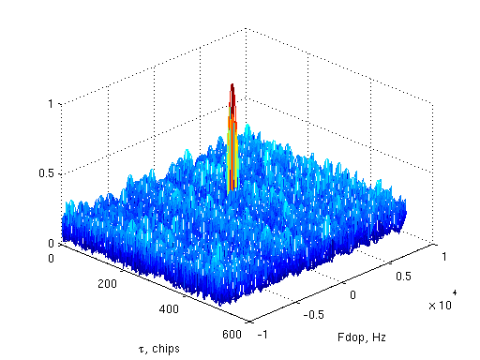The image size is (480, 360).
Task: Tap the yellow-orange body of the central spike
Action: pos(232,150)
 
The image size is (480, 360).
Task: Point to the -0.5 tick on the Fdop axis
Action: pos(312,314)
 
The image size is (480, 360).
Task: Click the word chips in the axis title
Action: pos(165,348)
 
